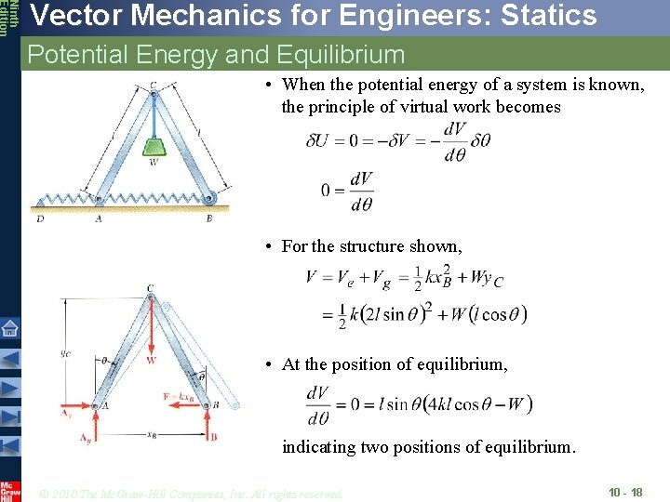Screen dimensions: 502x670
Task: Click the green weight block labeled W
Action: point(154,147)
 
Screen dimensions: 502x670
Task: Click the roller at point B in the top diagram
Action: point(211,197)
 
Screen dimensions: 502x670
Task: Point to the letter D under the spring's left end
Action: point(39,219)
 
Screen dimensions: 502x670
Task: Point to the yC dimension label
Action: point(64,352)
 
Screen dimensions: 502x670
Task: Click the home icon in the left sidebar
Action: point(9,327)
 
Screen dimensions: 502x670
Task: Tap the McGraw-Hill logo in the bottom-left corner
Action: point(9,490)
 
